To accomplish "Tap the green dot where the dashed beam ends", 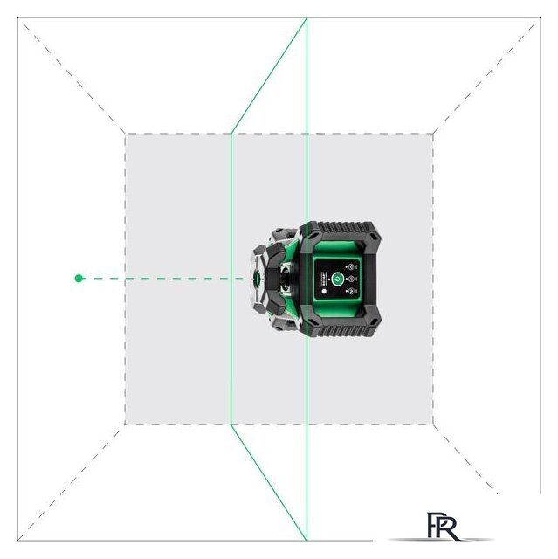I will [x=79, y=278].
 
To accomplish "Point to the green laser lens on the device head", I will [x=259, y=279].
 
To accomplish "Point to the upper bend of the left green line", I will [x=231, y=134].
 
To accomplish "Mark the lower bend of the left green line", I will [x=231, y=425].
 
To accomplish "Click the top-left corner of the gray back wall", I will [x=125, y=134].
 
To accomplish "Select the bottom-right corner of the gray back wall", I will [x=434, y=425].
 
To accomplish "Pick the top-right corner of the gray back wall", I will [x=434, y=134].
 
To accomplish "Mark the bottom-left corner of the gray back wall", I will [x=125, y=425].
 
